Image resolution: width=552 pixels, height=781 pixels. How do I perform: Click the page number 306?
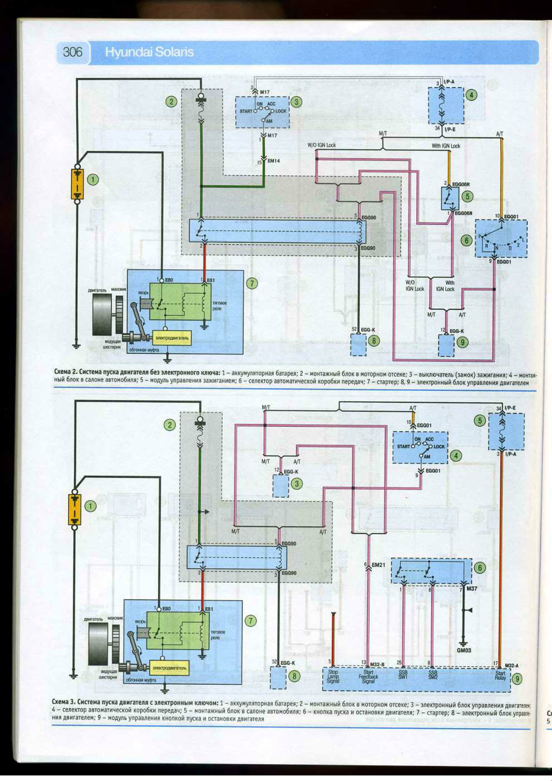point(72,52)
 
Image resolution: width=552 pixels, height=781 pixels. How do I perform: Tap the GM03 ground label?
point(464,650)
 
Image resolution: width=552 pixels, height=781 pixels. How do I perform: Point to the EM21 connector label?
point(378,565)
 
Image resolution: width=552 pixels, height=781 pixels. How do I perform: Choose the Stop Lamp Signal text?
point(333,676)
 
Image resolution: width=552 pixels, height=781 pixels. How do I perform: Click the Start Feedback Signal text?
point(368,676)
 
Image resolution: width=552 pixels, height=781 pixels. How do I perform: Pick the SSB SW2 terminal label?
point(433,675)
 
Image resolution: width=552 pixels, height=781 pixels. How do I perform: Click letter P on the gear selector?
point(480,236)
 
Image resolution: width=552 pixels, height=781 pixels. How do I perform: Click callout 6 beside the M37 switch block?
point(480,568)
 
